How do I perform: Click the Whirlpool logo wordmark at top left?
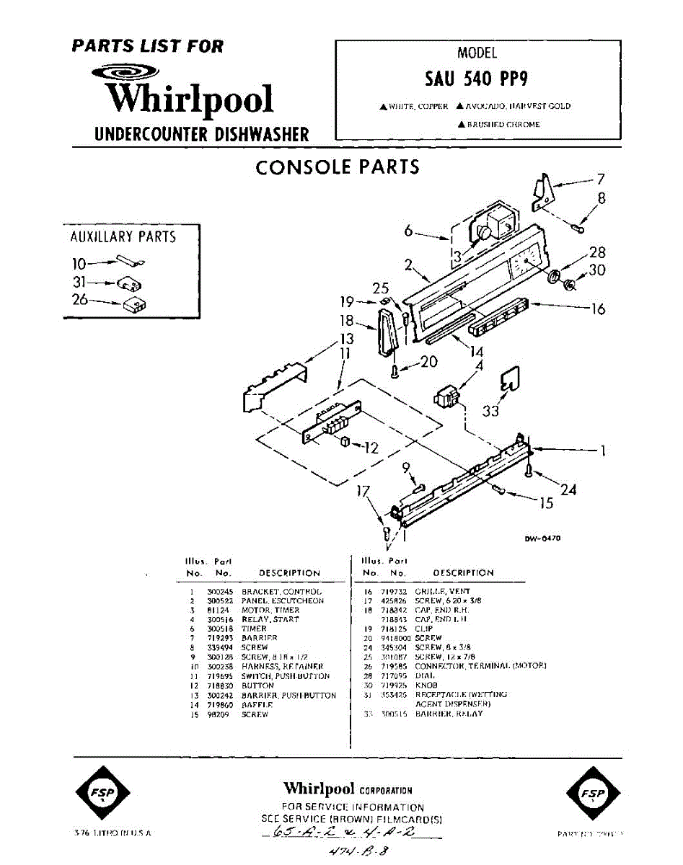click(x=190, y=99)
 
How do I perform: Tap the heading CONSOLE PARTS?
click(x=338, y=167)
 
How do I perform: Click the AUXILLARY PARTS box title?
click(x=123, y=236)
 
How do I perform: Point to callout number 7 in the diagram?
click(x=600, y=179)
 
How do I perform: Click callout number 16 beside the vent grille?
click(x=598, y=309)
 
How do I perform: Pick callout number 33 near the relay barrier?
click(x=491, y=411)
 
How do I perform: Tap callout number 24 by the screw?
click(x=568, y=489)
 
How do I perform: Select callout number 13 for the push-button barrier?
click(x=347, y=338)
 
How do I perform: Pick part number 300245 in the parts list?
click(x=218, y=591)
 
